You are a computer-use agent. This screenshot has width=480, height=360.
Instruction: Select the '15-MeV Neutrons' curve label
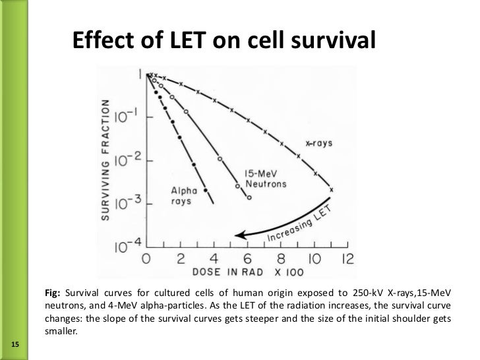(x=266, y=179)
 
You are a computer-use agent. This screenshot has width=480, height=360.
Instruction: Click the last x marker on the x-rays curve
(x=331, y=190)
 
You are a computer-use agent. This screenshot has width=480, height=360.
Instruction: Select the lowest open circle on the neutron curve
(x=249, y=197)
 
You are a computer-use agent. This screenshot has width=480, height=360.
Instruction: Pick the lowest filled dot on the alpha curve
(x=206, y=189)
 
